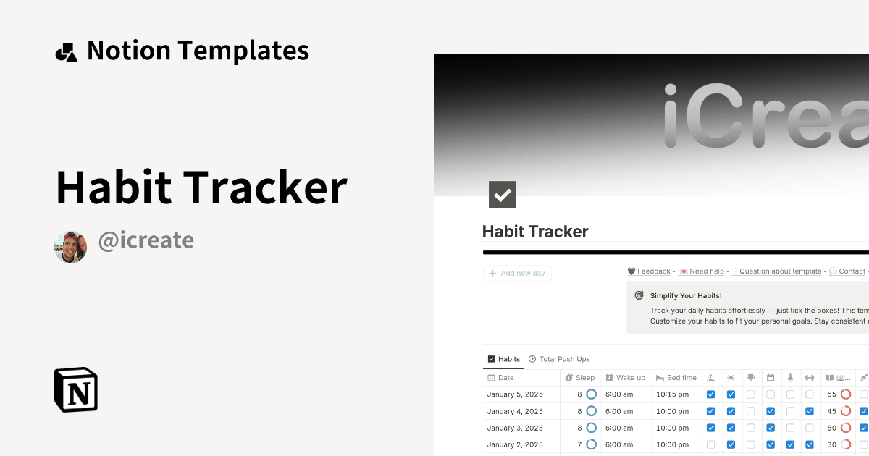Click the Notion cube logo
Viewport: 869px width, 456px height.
point(76,390)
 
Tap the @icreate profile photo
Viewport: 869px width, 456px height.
point(70,248)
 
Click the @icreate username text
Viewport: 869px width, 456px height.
point(146,240)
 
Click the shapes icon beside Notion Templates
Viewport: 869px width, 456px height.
point(66,52)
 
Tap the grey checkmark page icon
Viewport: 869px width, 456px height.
point(503,195)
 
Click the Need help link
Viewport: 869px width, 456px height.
point(706,271)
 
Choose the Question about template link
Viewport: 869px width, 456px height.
point(780,271)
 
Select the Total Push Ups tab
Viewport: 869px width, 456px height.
point(564,359)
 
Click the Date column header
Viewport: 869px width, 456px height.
point(505,378)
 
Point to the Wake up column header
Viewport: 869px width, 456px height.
point(630,378)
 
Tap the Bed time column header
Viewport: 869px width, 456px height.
point(681,378)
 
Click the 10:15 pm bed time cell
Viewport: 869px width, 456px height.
point(672,394)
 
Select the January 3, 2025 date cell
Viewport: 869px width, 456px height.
point(515,428)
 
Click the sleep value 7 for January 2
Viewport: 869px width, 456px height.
point(579,444)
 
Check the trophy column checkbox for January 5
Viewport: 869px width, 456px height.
point(751,394)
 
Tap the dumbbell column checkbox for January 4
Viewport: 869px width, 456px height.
point(810,411)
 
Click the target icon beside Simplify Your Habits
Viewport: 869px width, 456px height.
point(639,295)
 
